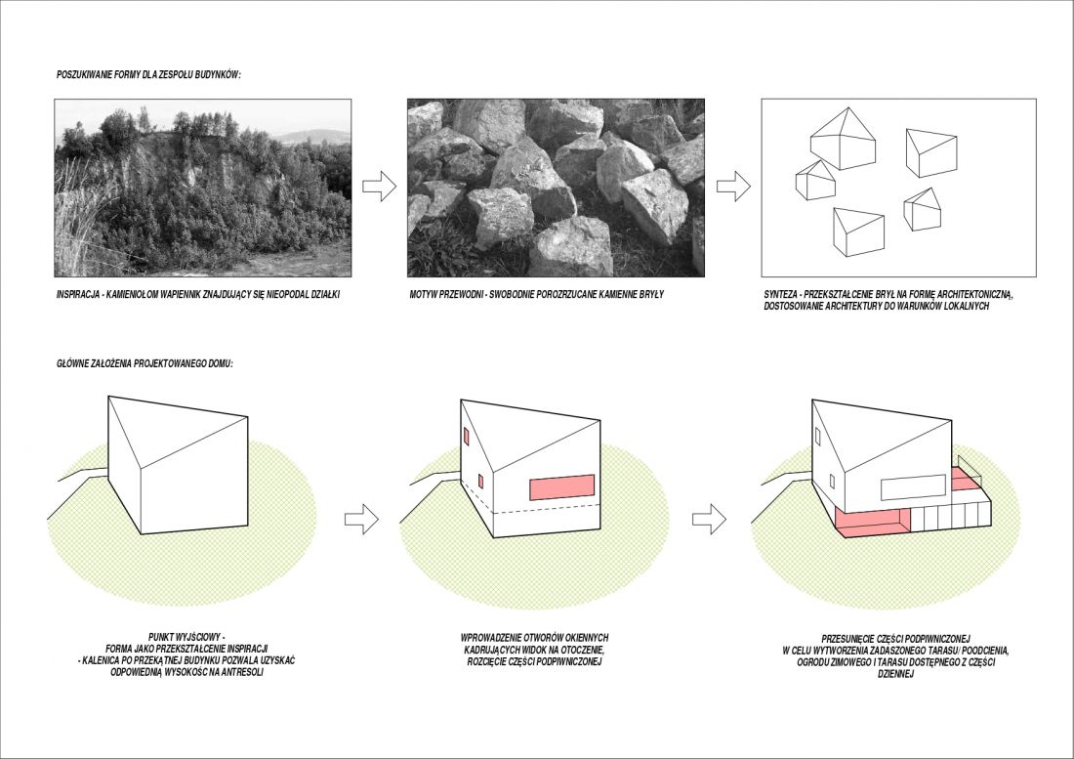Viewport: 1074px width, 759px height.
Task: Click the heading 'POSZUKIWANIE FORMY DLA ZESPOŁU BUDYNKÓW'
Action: click(x=148, y=74)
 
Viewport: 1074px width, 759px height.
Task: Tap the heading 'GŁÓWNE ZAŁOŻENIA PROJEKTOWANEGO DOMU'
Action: click(x=145, y=363)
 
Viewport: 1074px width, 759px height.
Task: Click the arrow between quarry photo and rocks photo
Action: click(x=380, y=187)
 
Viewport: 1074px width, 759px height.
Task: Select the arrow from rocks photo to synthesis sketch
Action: click(x=733, y=187)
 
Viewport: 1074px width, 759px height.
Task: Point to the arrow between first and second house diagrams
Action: click(x=361, y=519)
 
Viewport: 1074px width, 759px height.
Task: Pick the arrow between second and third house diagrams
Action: click(x=709, y=519)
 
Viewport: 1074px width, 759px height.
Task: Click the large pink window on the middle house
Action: click(x=561, y=487)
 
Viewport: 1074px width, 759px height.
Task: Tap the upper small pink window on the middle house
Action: click(x=467, y=437)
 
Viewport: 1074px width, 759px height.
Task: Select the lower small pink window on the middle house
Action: click(x=480, y=482)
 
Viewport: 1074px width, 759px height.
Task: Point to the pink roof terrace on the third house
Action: click(x=963, y=481)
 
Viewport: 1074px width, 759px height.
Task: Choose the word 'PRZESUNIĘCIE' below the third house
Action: click(x=847, y=637)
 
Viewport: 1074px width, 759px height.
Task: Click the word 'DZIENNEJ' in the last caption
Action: click(x=896, y=674)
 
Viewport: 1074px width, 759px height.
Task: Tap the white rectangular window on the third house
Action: click(x=913, y=487)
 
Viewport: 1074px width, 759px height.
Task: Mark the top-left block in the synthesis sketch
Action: click(x=843, y=141)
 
